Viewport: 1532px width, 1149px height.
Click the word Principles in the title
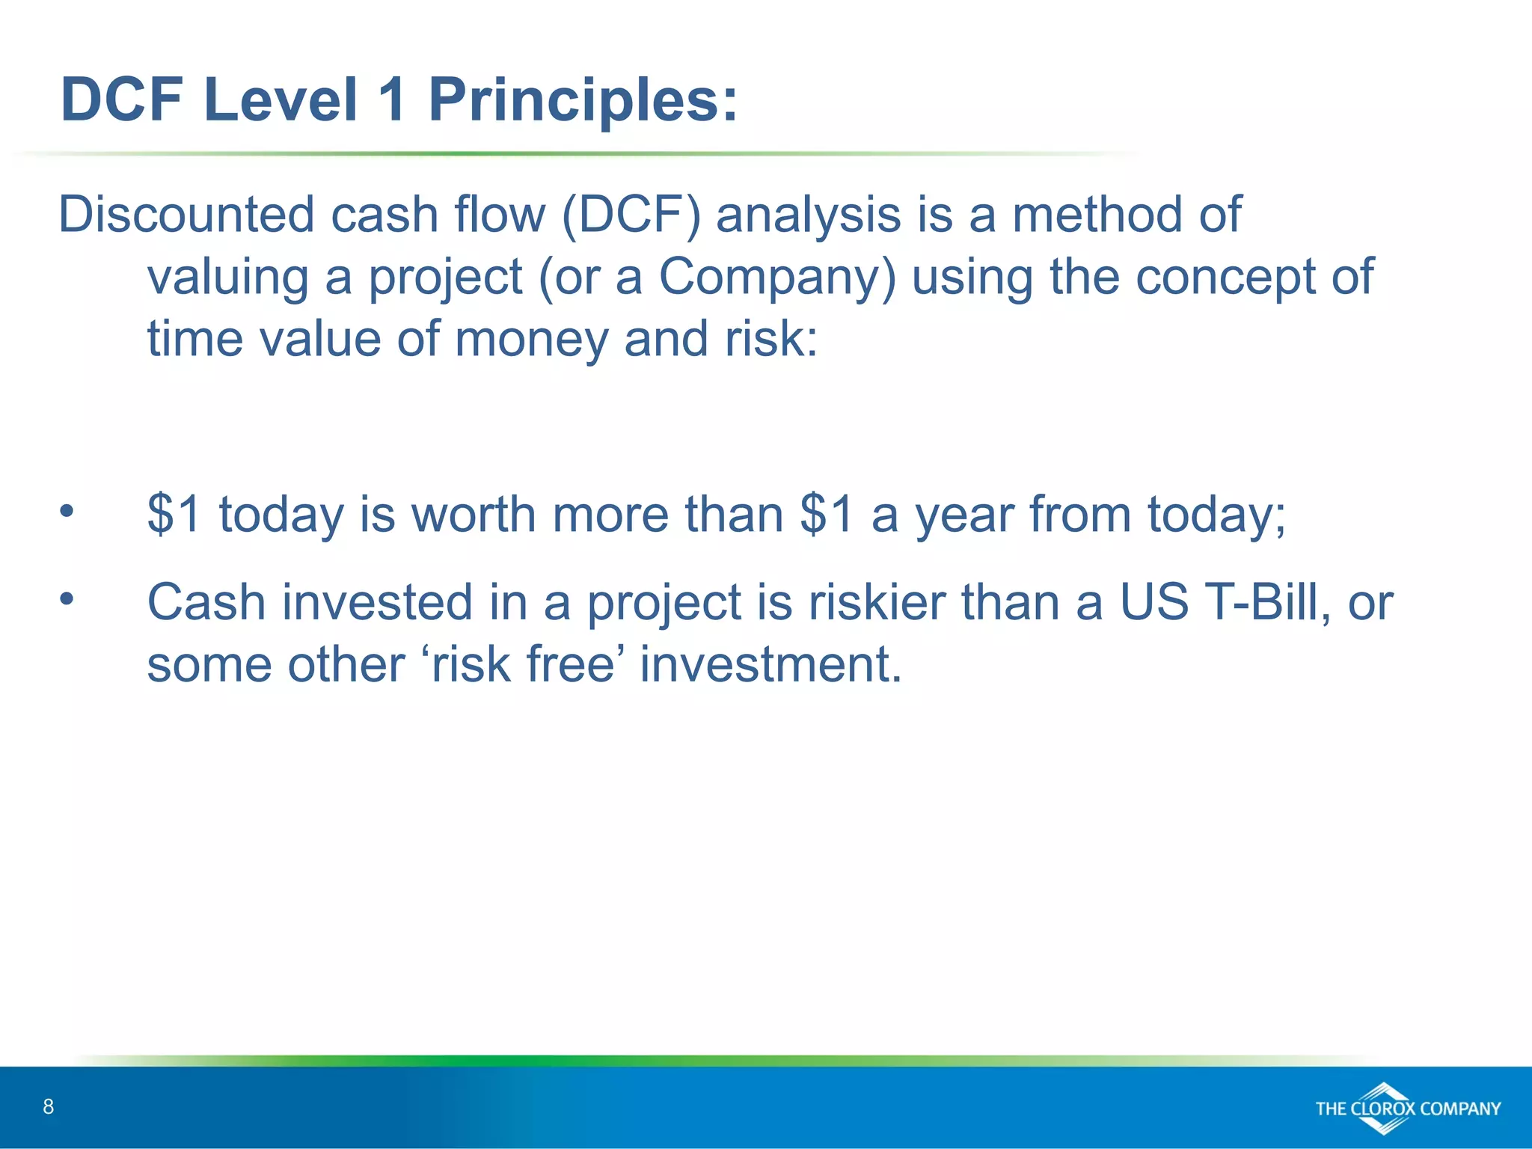(582, 101)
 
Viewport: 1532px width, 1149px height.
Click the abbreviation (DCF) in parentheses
(631, 215)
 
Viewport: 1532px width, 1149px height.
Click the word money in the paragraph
(531, 340)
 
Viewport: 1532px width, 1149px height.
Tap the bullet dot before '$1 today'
(67, 511)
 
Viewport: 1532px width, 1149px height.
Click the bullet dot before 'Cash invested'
(67, 598)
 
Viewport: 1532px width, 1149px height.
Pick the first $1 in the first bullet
(174, 515)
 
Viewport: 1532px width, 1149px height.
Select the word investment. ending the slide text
(770, 664)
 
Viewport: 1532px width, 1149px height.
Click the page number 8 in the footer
(49, 1106)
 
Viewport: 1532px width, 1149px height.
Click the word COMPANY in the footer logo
(1459, 1109)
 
